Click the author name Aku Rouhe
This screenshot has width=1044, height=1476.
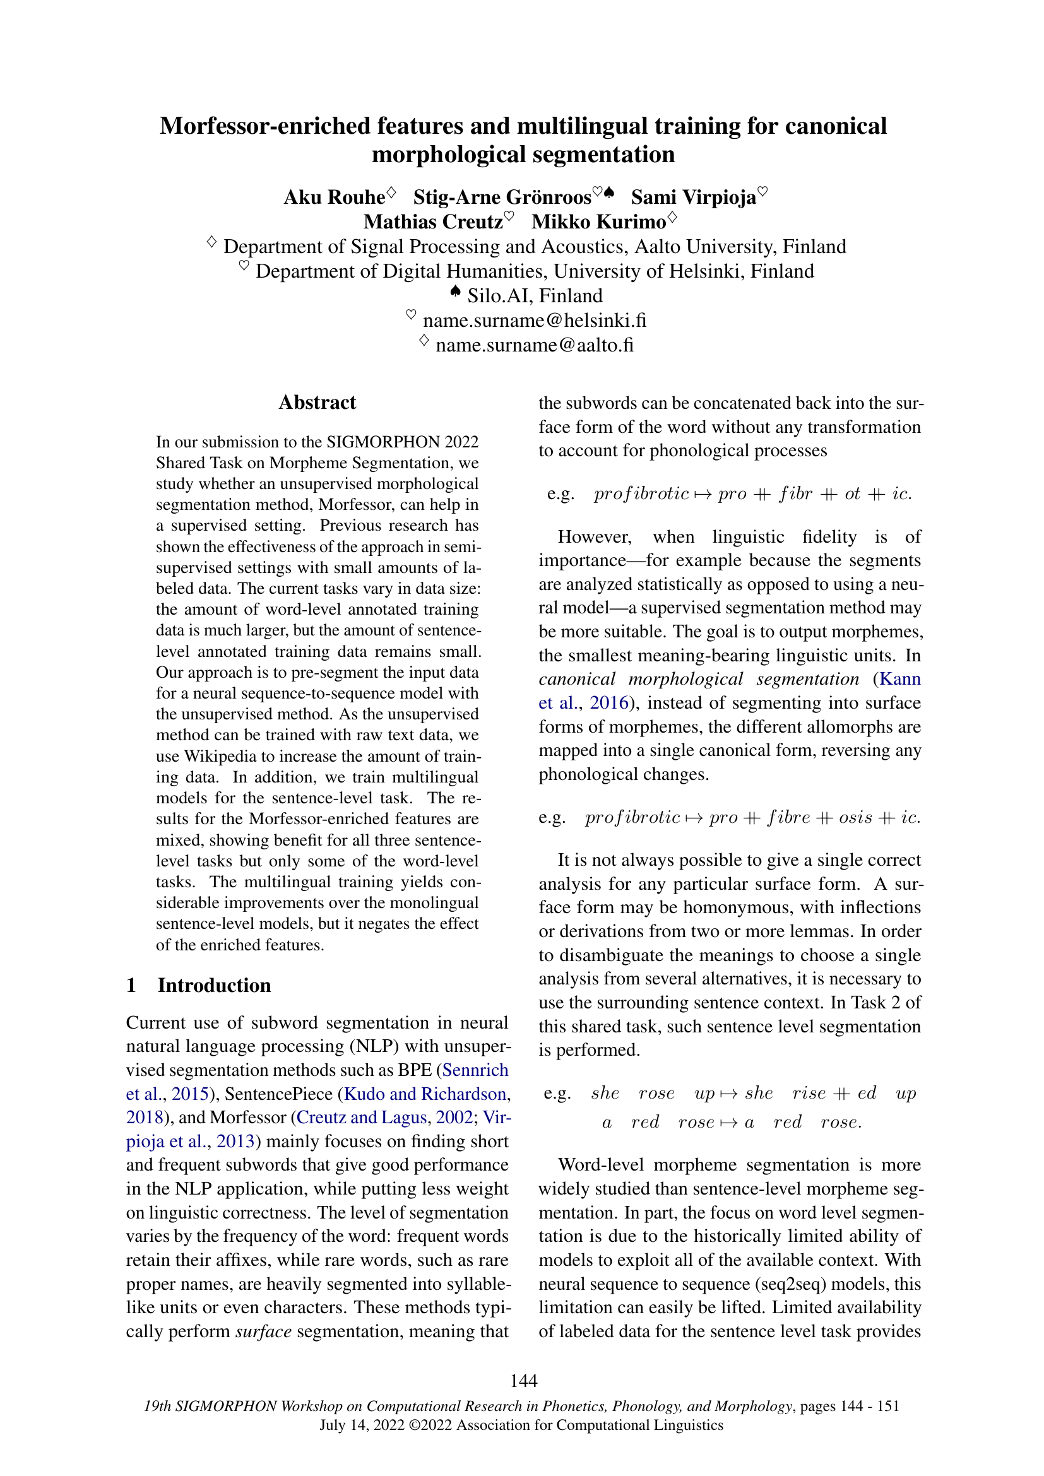tap(335, 198)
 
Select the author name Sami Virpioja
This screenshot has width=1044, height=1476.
tap(693, 198)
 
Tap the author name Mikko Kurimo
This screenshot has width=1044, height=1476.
tap(598, 221)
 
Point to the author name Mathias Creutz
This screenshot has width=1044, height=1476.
tap(432, 221)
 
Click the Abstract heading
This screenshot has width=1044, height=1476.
tap(317, 403)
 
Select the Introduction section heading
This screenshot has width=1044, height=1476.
tap(214, 986)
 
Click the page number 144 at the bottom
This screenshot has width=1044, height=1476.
tap(523, 1381)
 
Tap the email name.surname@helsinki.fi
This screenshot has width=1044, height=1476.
tap(534, 320)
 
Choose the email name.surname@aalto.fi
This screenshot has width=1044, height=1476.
tap(534, 345)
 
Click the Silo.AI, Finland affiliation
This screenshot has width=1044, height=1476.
tap(534, 296)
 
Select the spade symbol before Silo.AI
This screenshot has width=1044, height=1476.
tap(455, 293)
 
